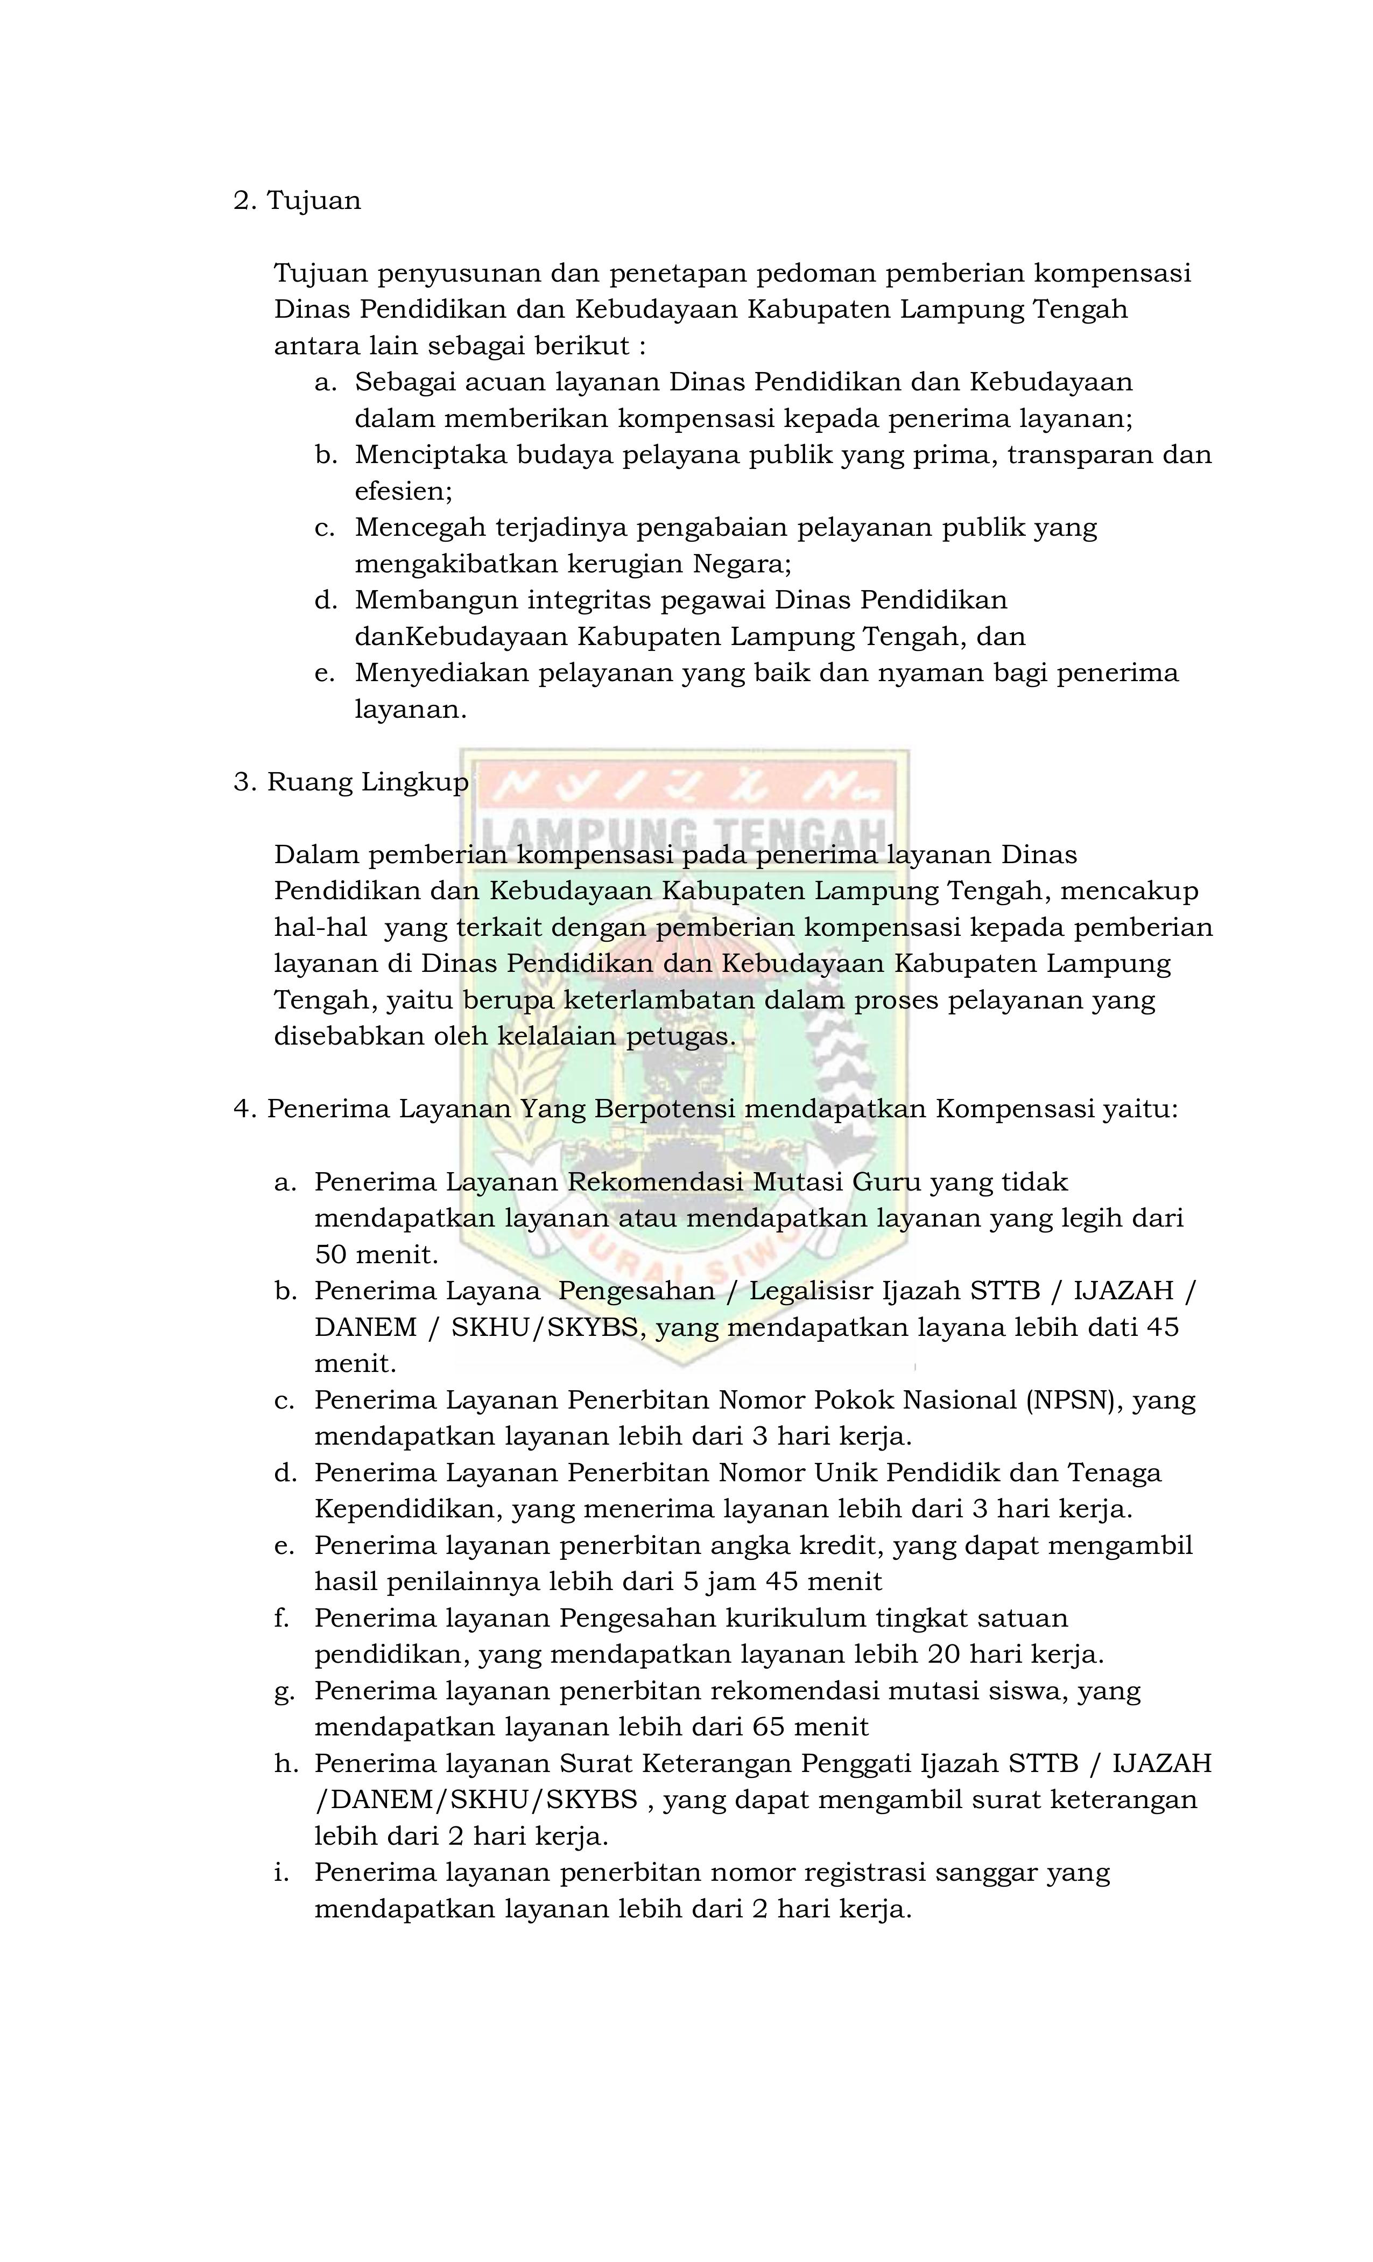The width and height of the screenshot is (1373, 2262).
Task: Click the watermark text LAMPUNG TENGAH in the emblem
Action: (x=684, y=831)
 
